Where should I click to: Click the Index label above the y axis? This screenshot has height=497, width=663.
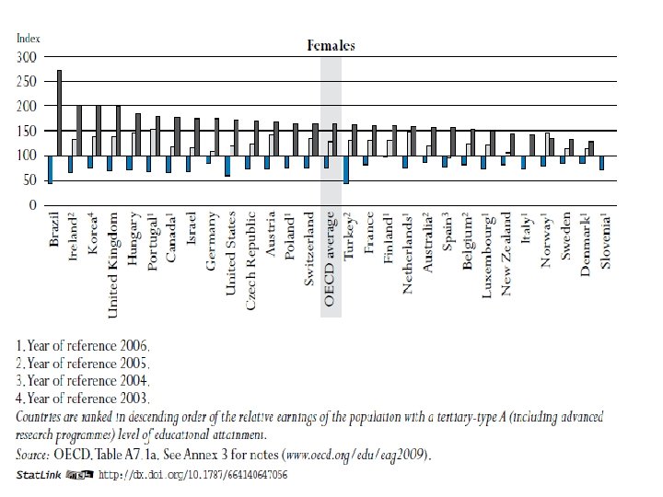[x=28, y=39]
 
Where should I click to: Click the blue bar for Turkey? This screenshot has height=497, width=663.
[x=346, y=169]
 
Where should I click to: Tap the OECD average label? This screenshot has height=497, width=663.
[x=331, y=259]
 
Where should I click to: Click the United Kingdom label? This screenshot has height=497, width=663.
[x=115, y=264]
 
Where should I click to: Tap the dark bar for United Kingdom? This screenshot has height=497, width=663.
[x=119, y=130]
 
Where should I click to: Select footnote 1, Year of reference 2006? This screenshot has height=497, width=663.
[x=83, y=346]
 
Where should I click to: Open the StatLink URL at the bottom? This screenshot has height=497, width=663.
[x=192, y=475]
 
